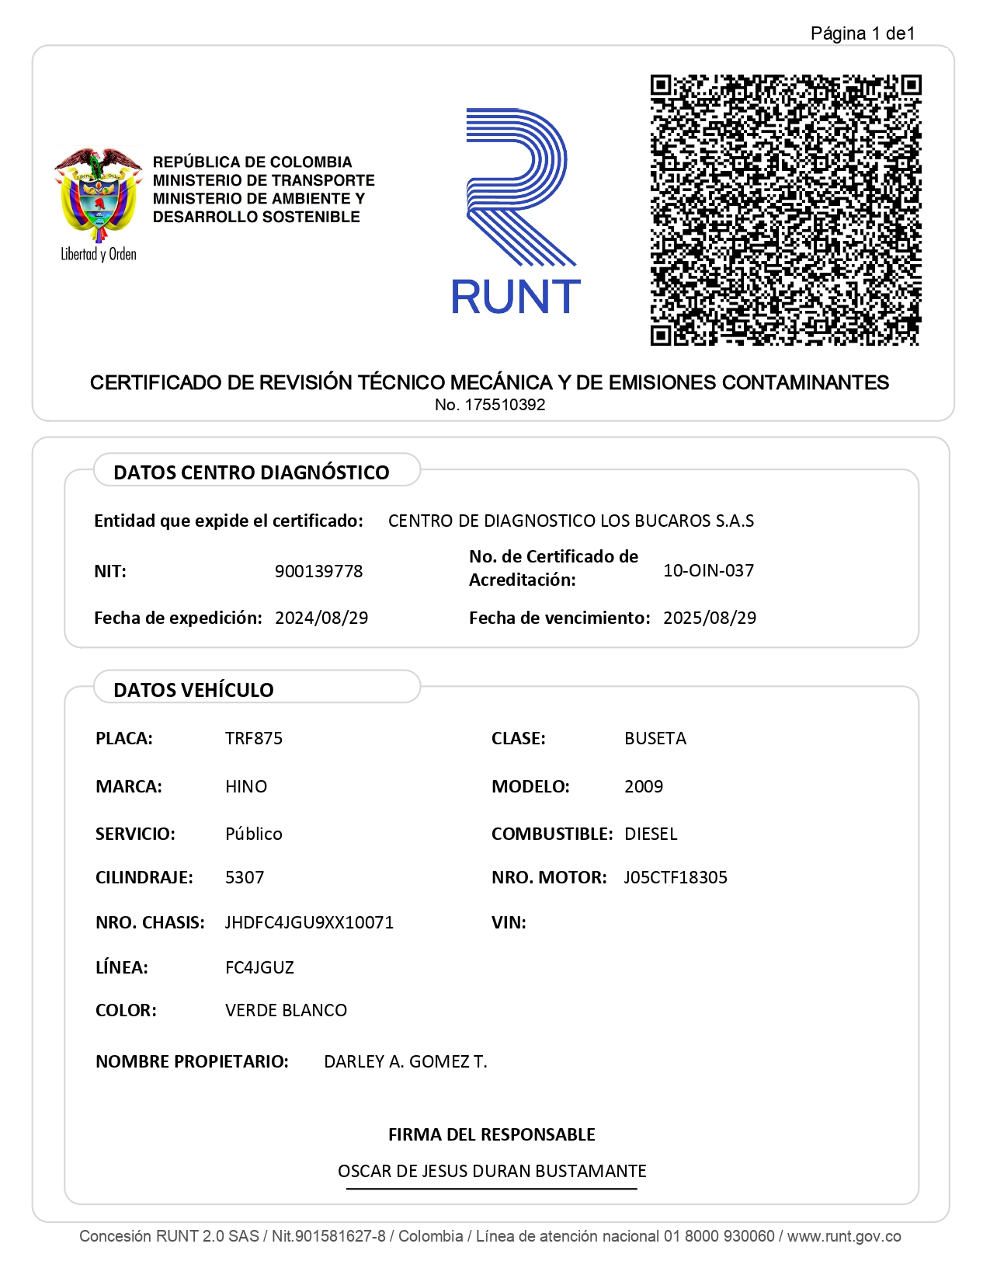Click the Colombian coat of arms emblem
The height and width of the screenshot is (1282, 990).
point(98,194)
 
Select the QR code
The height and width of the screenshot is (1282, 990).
point(785,210)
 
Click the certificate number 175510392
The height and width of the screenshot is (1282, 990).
point(505,405)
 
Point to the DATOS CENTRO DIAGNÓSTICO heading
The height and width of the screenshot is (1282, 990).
point(251,472)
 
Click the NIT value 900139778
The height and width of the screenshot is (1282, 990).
point(318,571)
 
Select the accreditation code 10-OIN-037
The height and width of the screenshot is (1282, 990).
point(708,570)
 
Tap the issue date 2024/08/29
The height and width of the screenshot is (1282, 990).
point(321,618)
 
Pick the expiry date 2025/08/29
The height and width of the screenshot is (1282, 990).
point(709,618)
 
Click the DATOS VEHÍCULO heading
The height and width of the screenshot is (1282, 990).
point(193,690)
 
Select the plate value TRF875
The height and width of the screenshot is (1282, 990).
point(254,738)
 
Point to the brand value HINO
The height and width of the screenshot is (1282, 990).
point(246,786)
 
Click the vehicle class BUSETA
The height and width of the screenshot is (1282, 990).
point(655,738)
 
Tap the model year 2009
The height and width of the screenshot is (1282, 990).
point(644,786)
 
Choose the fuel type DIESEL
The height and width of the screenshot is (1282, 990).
point(651,834)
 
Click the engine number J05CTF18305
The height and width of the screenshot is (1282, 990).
point(676,877)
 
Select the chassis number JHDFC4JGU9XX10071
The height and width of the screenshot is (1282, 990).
point(309,922)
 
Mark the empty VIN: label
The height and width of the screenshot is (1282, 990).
point(509,922)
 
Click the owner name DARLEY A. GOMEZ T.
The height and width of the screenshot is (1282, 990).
point(405,1061)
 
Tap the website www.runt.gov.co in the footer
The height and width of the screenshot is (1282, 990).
point(844,1236)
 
